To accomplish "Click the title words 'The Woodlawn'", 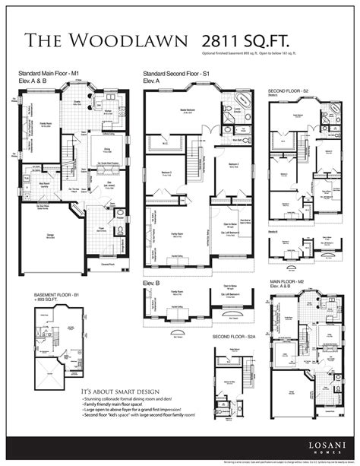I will (x=106, y=41).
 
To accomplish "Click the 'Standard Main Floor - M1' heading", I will (x=49, y=73).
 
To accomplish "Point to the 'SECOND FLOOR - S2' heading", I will (x=289, y=91).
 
